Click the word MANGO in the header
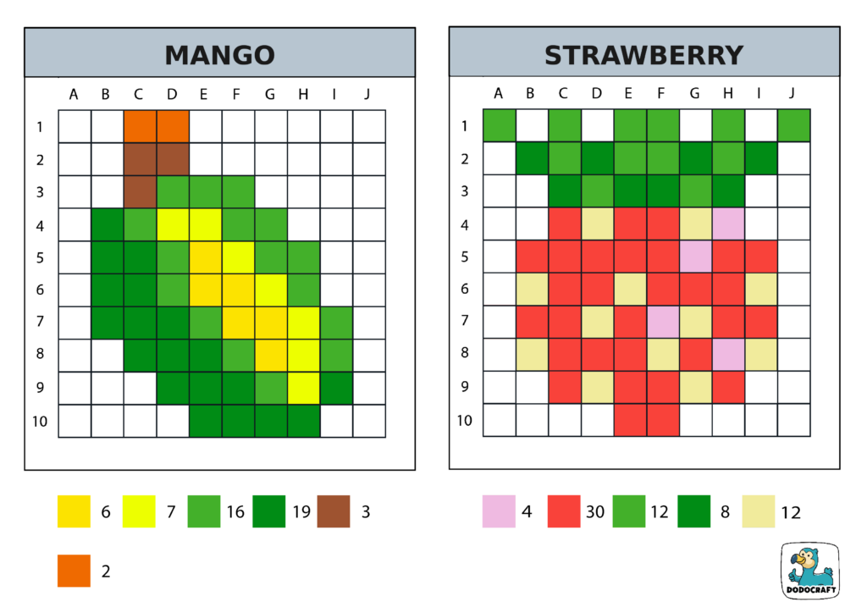219,55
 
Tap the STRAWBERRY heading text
643,55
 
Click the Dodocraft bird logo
810,570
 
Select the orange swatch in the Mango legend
74,571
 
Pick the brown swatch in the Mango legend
334,511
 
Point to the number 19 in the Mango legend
301,511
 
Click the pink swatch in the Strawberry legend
499,511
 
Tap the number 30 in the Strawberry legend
595,511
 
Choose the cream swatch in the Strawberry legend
759,511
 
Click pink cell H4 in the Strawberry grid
727,224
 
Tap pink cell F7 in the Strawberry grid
662,323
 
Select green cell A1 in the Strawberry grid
499,126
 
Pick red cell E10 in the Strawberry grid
629,421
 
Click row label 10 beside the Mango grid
40,421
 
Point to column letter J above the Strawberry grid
792,93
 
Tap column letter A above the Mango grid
74,94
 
